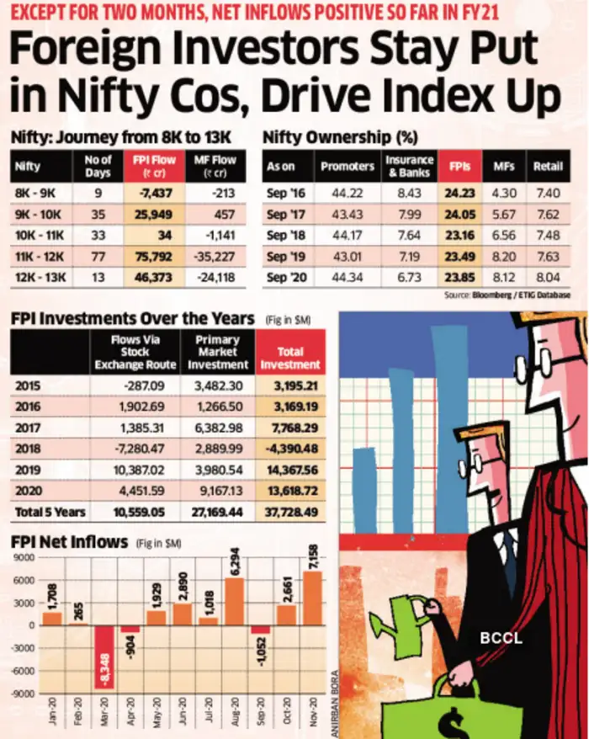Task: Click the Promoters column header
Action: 348,166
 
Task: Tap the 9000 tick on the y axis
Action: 20,556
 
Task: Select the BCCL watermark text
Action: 501,638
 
